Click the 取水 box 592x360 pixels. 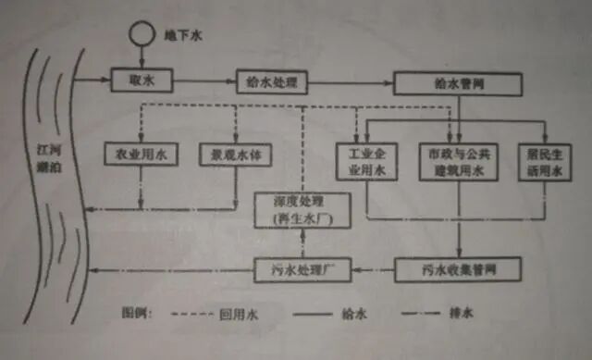136,81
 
